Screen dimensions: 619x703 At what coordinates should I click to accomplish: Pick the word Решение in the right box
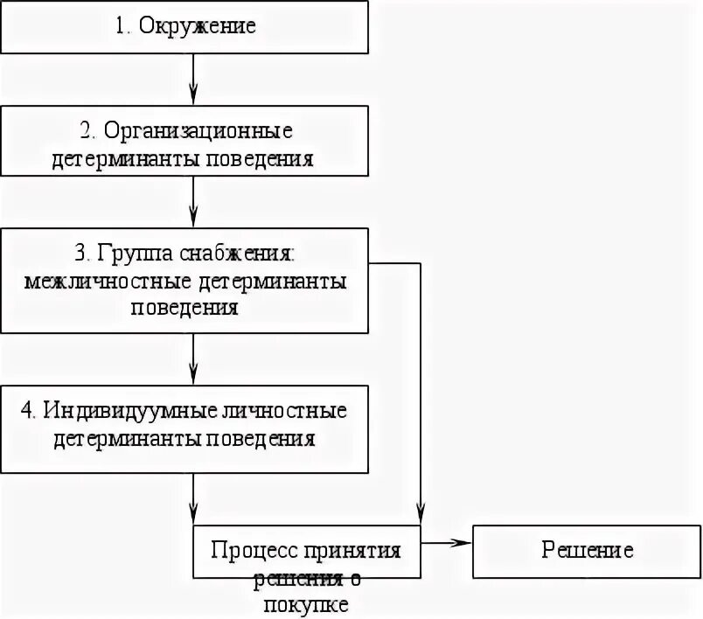587,550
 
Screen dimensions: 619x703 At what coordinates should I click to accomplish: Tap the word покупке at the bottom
306,603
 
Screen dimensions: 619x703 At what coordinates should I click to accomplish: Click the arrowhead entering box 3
193,221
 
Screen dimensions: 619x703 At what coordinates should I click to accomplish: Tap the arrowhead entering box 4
193,375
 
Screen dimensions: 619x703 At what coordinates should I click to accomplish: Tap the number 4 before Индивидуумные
26,409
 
